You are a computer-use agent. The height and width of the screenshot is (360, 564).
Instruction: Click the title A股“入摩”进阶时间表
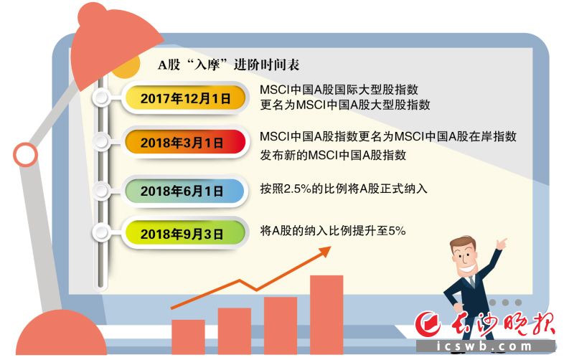click(x=228, y=65)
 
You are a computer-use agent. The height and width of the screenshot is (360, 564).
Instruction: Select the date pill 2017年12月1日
click(x=185, y=98)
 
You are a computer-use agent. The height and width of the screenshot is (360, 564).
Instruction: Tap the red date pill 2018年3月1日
click(x=185, y=143)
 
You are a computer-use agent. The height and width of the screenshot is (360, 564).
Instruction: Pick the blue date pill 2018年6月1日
click(x=185, y=191)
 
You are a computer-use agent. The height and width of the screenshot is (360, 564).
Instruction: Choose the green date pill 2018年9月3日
click(x=185, y=234)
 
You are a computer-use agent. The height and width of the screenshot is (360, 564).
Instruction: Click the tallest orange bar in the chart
click(x=326, y=316)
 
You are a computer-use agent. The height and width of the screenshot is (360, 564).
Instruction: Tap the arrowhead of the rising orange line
click(x=325, y=250)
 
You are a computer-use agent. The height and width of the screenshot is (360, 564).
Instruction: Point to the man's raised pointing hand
click(x=501, y=244)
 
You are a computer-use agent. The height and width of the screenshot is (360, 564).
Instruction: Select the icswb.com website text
click(x=484, y=346)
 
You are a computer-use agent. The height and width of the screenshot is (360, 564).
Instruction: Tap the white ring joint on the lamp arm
click(x=26, y=155)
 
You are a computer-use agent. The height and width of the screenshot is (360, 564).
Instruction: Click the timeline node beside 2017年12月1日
click(x=101, y=97)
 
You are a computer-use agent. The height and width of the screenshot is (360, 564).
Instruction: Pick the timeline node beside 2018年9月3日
click(x=101, y=232)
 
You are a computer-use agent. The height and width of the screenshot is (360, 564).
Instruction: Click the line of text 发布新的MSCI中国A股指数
click(x=333, y=155)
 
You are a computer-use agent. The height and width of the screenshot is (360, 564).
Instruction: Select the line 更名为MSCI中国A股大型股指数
click(x=345, y=105)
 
